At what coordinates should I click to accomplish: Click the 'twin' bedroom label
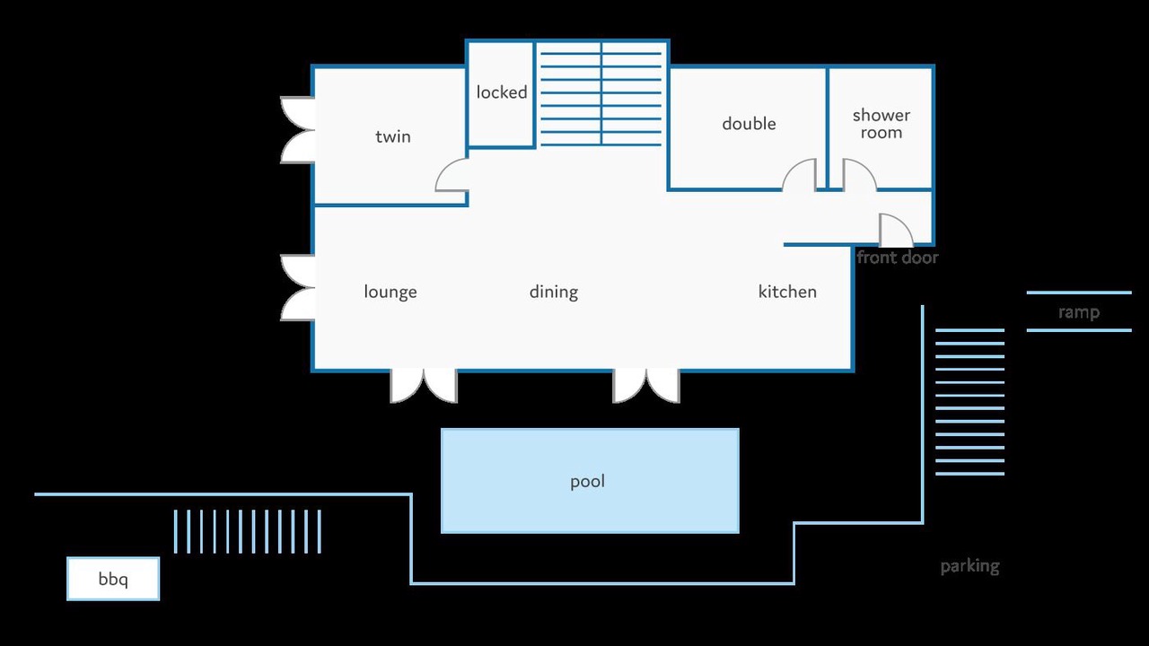[x=393, y=137]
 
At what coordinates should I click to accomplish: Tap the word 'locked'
[x=502, y=92]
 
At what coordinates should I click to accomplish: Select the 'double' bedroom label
[x=749, y=124]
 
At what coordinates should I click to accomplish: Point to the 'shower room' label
[x=881, y=124]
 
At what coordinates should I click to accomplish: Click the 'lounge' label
[x=390, y=292]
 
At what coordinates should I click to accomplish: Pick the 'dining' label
[x=554, y=292]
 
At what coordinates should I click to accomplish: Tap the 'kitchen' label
[x=787, y=292]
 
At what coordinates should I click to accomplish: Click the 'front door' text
[x=898, y=258]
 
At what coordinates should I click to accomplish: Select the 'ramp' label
[x=1079, y=312]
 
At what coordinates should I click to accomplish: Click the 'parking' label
[x=970, y=566]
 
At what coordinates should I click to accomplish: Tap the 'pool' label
[x=588, y=482]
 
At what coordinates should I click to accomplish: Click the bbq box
[x=113, y=579]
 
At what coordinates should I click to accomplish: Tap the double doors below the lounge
[x=424, y=386]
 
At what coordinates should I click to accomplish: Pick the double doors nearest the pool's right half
[x=646, y=386]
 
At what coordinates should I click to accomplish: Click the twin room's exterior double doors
[x=298, y=130]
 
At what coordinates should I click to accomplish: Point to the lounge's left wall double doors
[x=298, y=288]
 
